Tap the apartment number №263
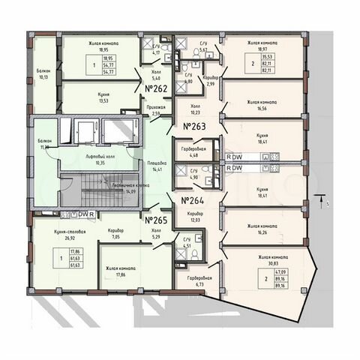tap(193, 127)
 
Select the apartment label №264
tap(193, 200)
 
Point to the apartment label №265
tap(155, 220)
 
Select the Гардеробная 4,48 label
tap(194, 153)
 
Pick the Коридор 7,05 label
tap(115, 233)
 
